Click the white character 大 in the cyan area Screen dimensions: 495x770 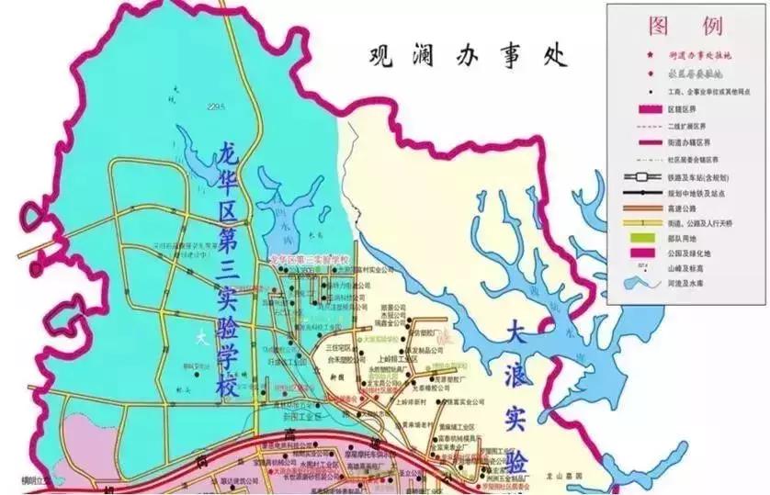tap(200, 337)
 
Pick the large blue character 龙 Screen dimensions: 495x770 tap(228, 156)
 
